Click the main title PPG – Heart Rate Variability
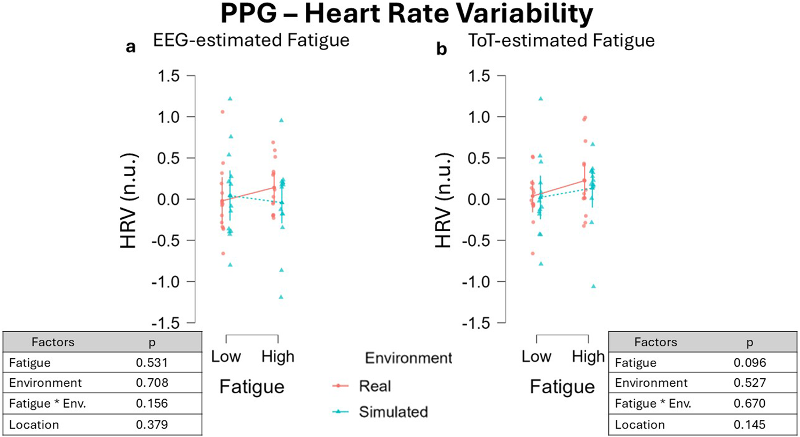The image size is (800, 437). coord(406,14)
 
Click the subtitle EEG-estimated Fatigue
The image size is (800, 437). coord(251,41)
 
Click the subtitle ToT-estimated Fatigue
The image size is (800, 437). coord(561,41)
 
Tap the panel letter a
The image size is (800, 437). coord(131,47)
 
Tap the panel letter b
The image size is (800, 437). coord(441,49)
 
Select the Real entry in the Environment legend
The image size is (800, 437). coord(375,386)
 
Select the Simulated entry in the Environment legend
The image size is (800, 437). coord(393,412)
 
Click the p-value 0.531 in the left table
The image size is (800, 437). coord(152,363)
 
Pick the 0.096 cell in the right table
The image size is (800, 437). coord(749,363)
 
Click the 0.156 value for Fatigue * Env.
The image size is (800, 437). coord(152,404)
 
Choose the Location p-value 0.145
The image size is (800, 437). coord(749,425)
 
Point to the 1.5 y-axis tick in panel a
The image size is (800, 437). coord(169,76)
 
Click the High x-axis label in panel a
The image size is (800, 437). coord(278,356)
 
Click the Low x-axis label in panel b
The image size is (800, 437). coord(536,356)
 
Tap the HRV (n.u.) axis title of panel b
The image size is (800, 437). coord(444,200)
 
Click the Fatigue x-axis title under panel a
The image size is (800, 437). coord(251,387)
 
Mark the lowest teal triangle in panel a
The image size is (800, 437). coord(281,297)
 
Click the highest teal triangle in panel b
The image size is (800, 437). coord(541,99)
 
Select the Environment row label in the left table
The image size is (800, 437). coord(45,383)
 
